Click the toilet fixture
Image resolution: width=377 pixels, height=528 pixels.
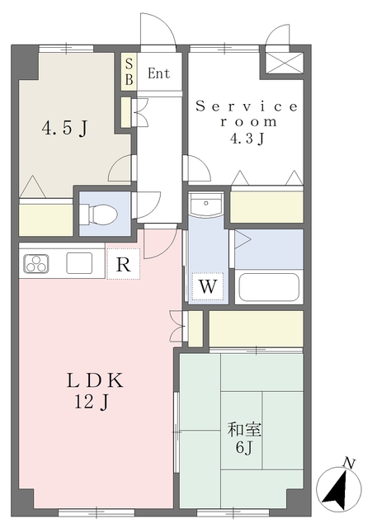(99, 214)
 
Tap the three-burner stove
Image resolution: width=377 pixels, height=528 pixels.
(35, 263)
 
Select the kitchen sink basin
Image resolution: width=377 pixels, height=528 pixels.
(79, 262)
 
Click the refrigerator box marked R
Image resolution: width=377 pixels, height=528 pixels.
(123, 264)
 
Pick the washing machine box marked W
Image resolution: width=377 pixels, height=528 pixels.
(208, 286)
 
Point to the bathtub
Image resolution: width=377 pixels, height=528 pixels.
(269, 287)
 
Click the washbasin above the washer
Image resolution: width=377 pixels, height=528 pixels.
(205, 204)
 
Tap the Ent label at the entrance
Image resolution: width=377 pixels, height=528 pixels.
(159, 73)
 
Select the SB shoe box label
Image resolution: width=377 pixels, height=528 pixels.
(130, 71)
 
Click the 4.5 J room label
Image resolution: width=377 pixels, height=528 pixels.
(64, 129)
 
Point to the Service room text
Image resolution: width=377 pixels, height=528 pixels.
(247, 114)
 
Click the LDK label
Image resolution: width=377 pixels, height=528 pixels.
(95, 381)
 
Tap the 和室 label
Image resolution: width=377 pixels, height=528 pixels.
(244, 430)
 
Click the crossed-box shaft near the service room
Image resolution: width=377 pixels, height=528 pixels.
(282, 63)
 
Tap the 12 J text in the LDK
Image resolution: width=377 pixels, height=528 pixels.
(92, 402)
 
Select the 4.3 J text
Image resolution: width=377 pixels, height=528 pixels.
(247, 138)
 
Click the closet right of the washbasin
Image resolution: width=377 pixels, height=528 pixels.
(267, 207)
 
